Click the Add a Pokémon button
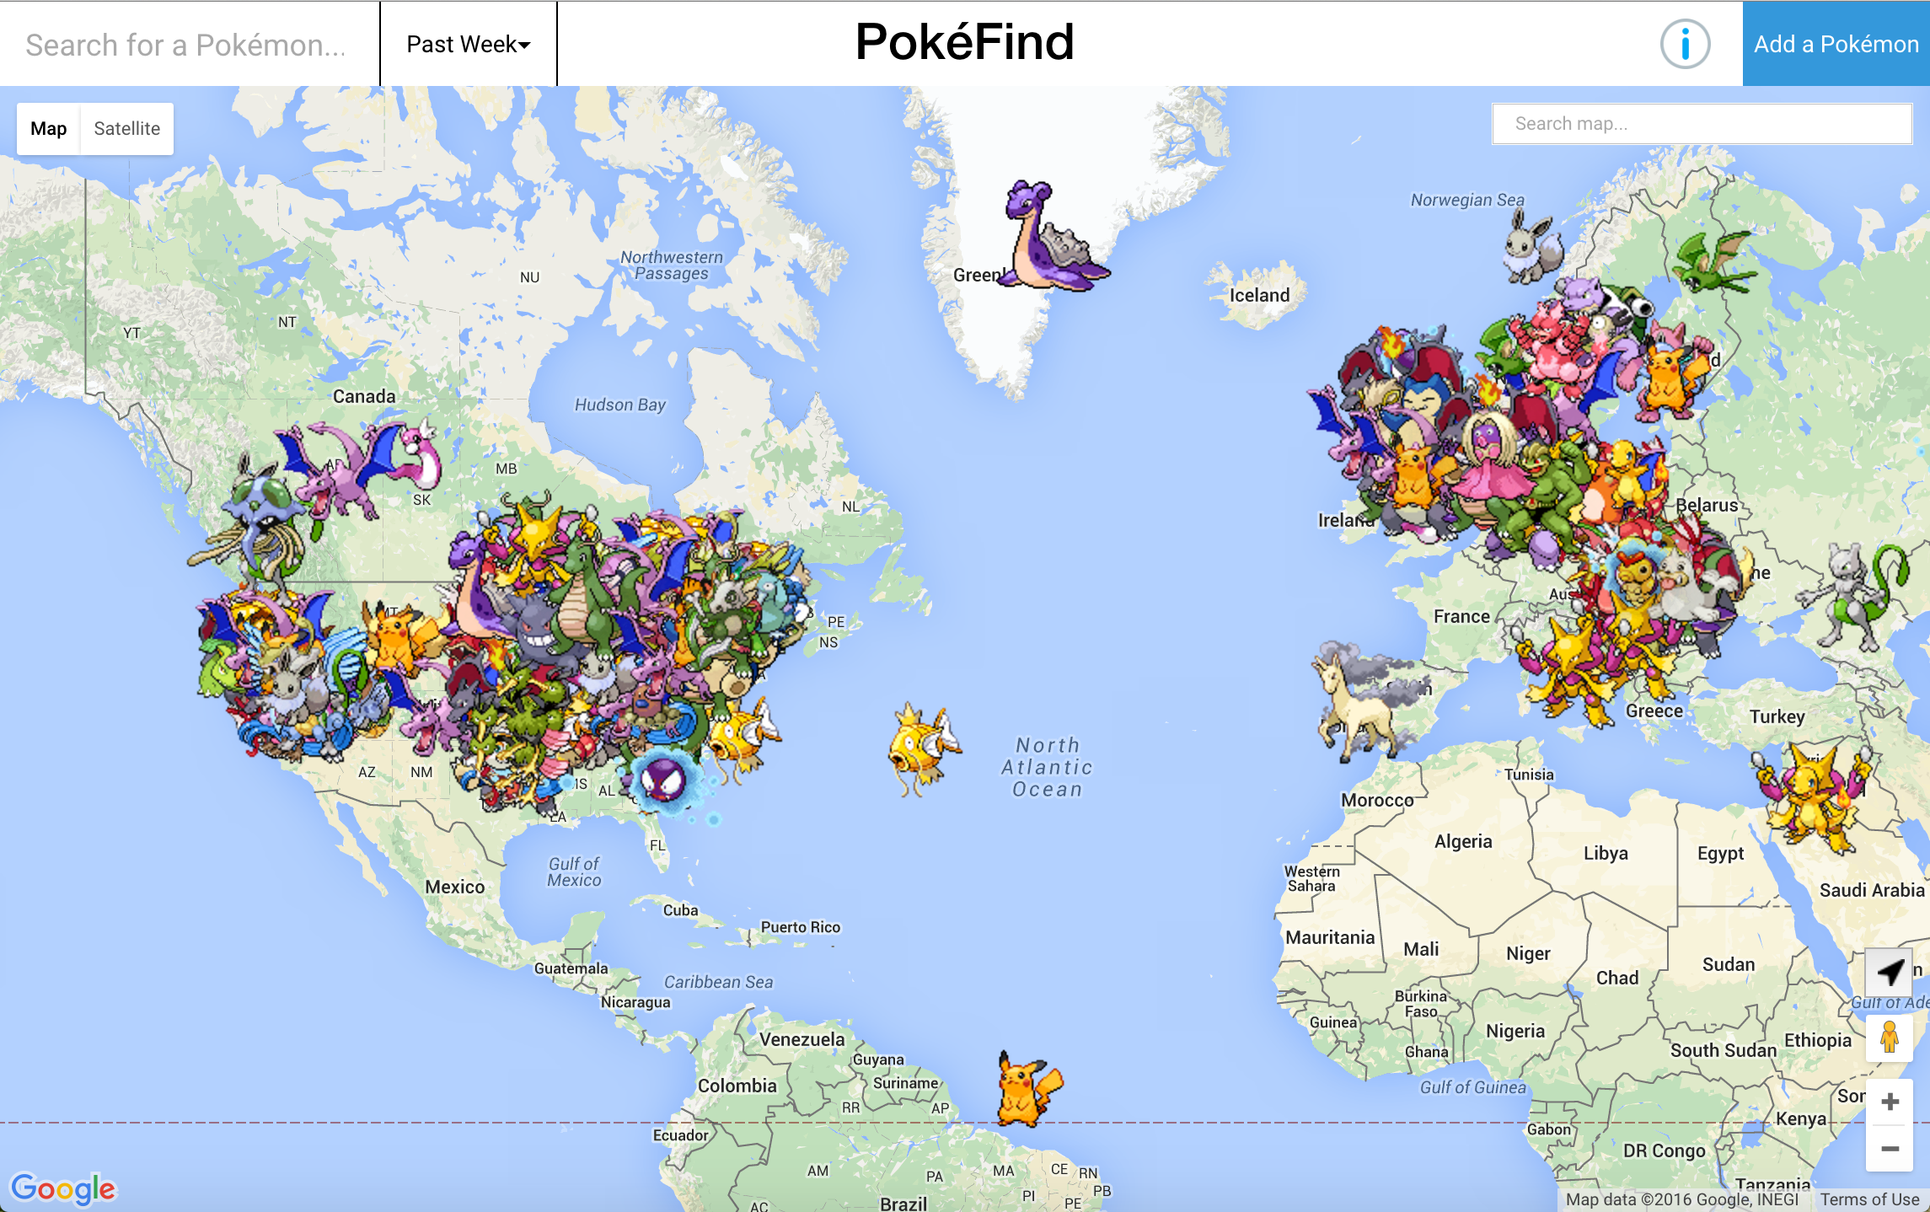pyautogui.click(x=1836, y=44)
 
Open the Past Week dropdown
pyautogui.click(x=468, y=44)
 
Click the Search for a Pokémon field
pyautogui.click(x=185, y=45)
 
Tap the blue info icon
pyautogui.click(x=1685, y=44)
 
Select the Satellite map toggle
pyautogui.click(x=126, y=129)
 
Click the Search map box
pyautogui.click(x=1701, y=124)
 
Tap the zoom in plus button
pyautogui.click(x=1890, y=1102)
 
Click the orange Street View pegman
pyautogui.click(x=1889, y=1038)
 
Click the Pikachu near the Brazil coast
pyautogui.click(x=1026, y=1090)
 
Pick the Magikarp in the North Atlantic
pyautogui.click(x=921, y=748)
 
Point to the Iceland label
pyautogui.click(x=1259, y=295)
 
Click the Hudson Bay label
pyautogui.click(x=620, y=405)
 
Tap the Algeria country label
pyautogui.click(x=1463, y=841)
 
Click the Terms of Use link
pyautogui.click(x=1868, y=1199)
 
